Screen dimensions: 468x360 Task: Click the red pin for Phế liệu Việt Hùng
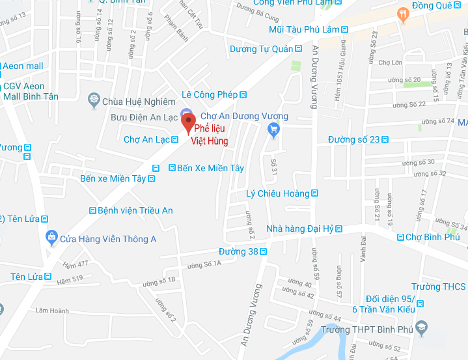[189, 121]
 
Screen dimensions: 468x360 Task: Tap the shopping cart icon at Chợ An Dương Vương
[273, 131]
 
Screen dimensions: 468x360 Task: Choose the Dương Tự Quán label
[261, 49]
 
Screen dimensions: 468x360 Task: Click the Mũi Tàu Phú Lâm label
[304, 29]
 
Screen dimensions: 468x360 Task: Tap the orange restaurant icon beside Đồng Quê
[404, 13]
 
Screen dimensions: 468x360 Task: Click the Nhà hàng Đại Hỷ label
[300, 228]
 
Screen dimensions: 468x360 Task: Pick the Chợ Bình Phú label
[432, 237]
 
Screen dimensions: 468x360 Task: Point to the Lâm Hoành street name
[52, 311]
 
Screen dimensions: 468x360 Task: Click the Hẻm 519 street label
[70, 279]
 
